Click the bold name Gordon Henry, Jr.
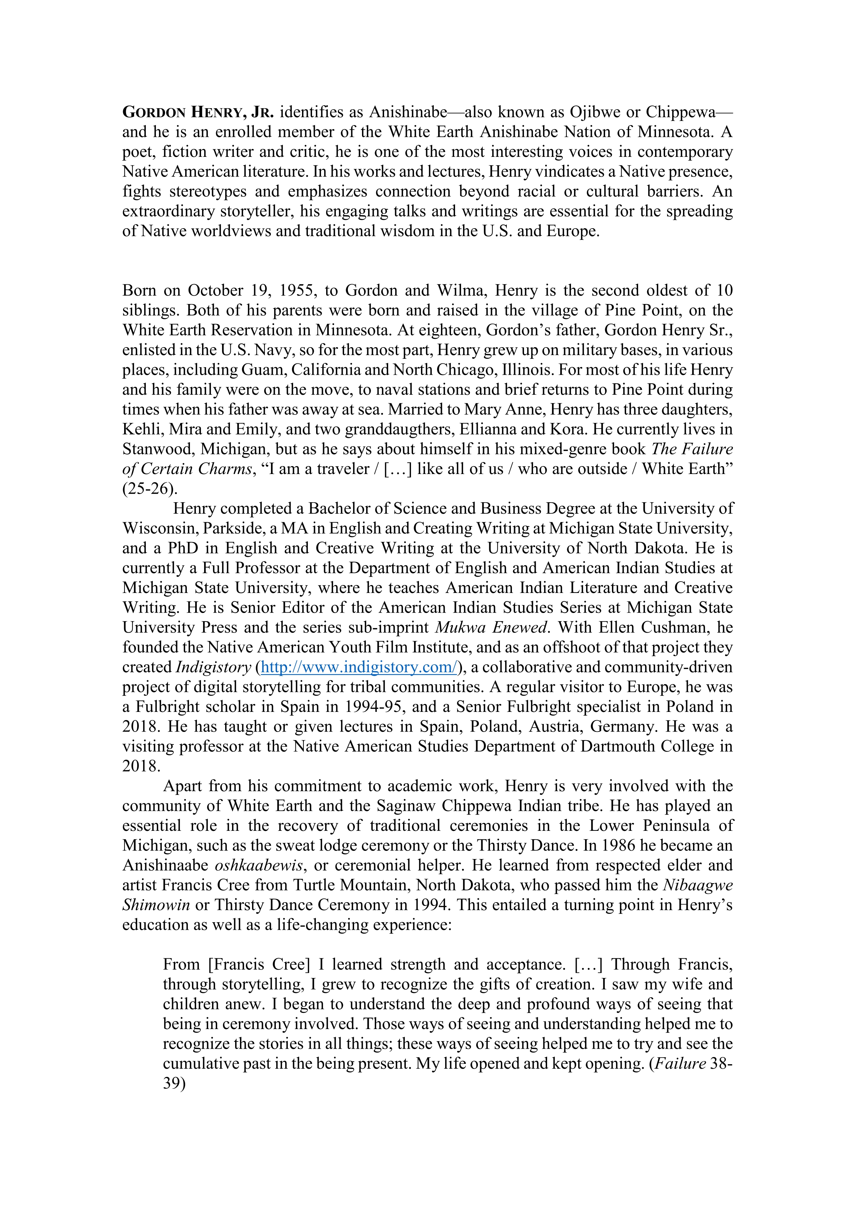click(198, 112)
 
